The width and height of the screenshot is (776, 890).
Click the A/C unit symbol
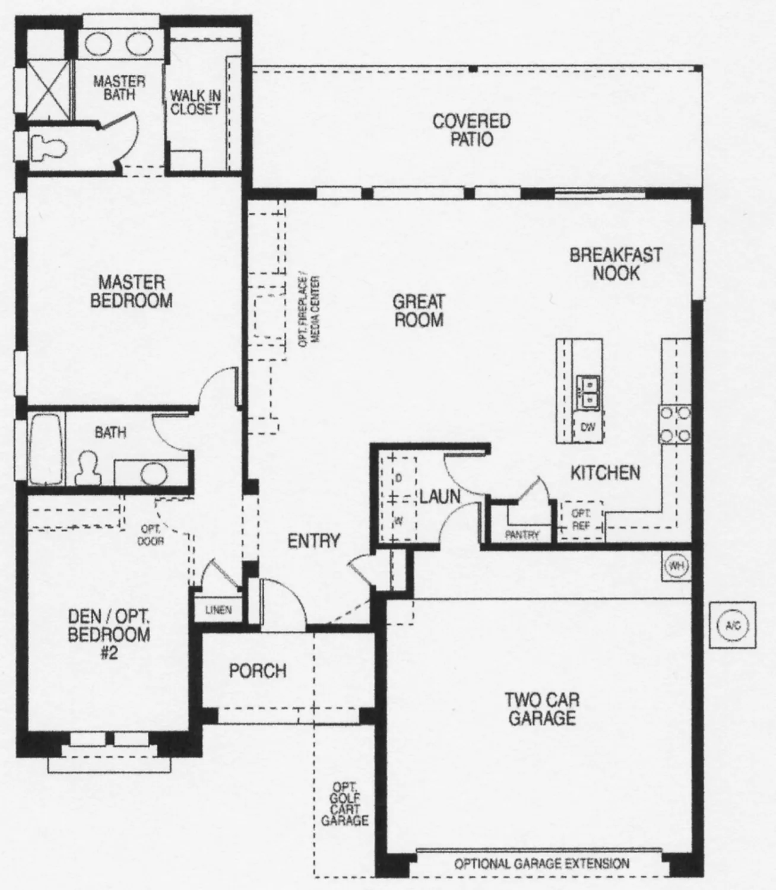pos(733,625)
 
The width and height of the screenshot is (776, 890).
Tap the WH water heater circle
pos(676,565)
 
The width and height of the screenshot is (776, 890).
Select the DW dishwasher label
pos(587,427)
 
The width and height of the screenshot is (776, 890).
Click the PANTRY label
pos(522,535)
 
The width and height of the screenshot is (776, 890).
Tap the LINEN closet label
pos(218,610)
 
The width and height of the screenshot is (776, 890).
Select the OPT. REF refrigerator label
pos(580,520)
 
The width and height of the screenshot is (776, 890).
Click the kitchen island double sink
pos(588,392)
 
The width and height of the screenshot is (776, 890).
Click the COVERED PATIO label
pos(471,130)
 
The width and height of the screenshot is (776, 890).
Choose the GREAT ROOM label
pos(419,310)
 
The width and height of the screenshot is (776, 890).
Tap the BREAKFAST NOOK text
pos(616,264)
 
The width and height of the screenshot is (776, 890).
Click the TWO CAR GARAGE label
pos(542,708)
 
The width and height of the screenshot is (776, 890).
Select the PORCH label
pos(258,671)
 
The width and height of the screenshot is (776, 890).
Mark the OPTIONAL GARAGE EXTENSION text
pos(541,863)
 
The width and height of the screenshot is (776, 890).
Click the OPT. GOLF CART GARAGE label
pos(344,804)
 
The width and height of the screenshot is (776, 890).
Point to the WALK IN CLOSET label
pos(195,102)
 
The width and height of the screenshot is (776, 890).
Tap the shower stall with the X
pos(49,89)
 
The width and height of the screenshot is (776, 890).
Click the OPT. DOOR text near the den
pos(151,535)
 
